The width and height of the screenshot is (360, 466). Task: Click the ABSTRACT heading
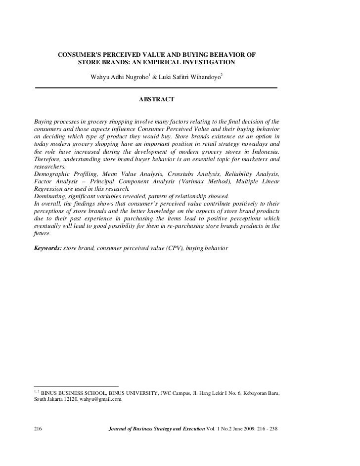156,100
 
